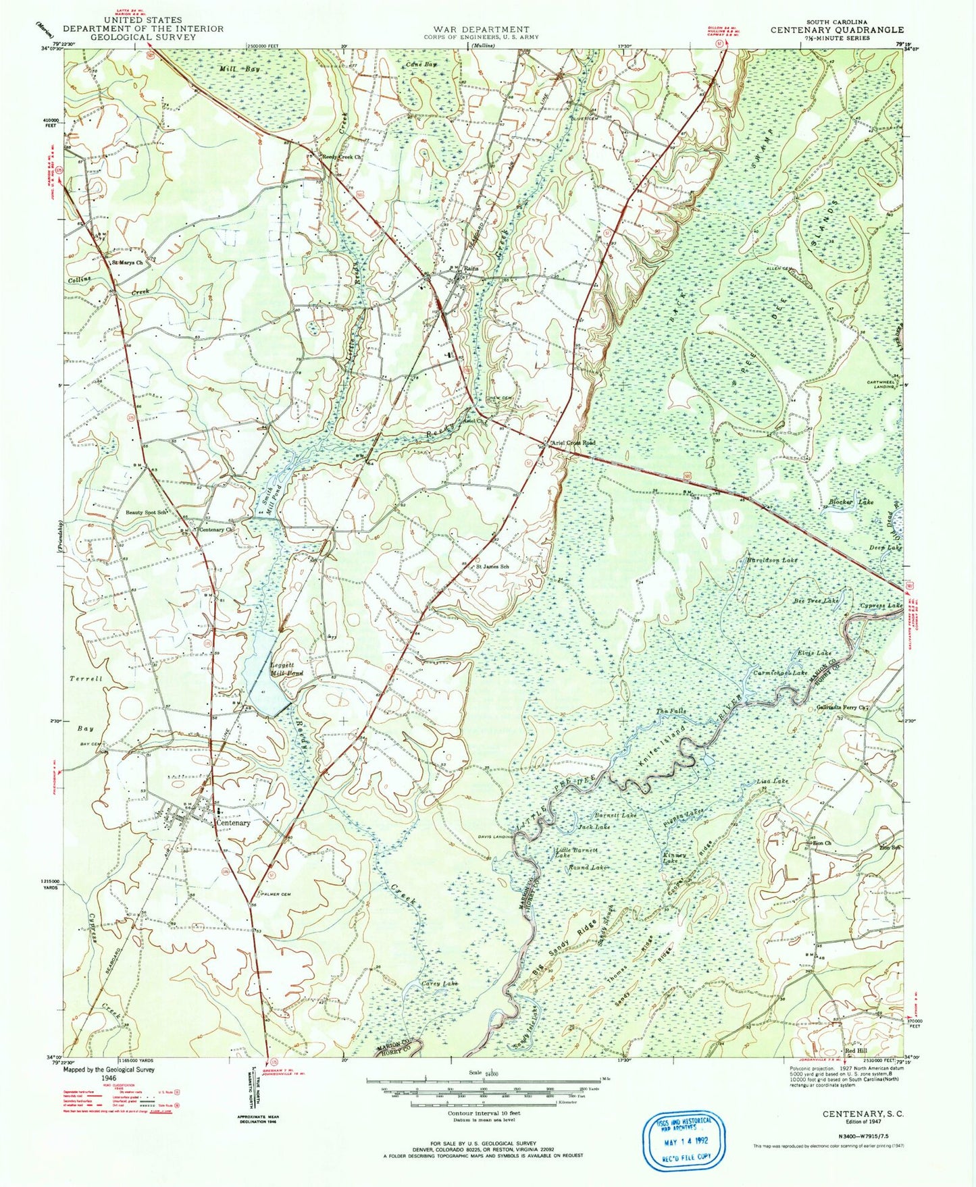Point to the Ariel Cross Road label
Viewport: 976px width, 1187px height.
tap(573, 443)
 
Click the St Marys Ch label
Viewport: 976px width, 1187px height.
tap(128, 263)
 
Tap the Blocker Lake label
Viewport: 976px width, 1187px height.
tap(850, 502)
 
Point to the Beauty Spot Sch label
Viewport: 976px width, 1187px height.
tap(147, 512)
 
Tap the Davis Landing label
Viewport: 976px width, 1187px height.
tap(496, 837)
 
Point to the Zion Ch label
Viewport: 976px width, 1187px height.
tap(821, 843)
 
